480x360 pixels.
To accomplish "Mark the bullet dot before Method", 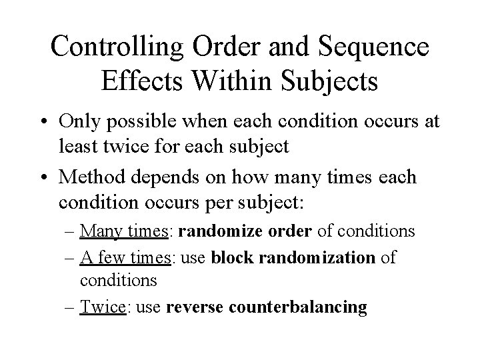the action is point(46,178).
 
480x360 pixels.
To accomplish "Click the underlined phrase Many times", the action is point(124,231).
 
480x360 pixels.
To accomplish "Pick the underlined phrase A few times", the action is point(124,257).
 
